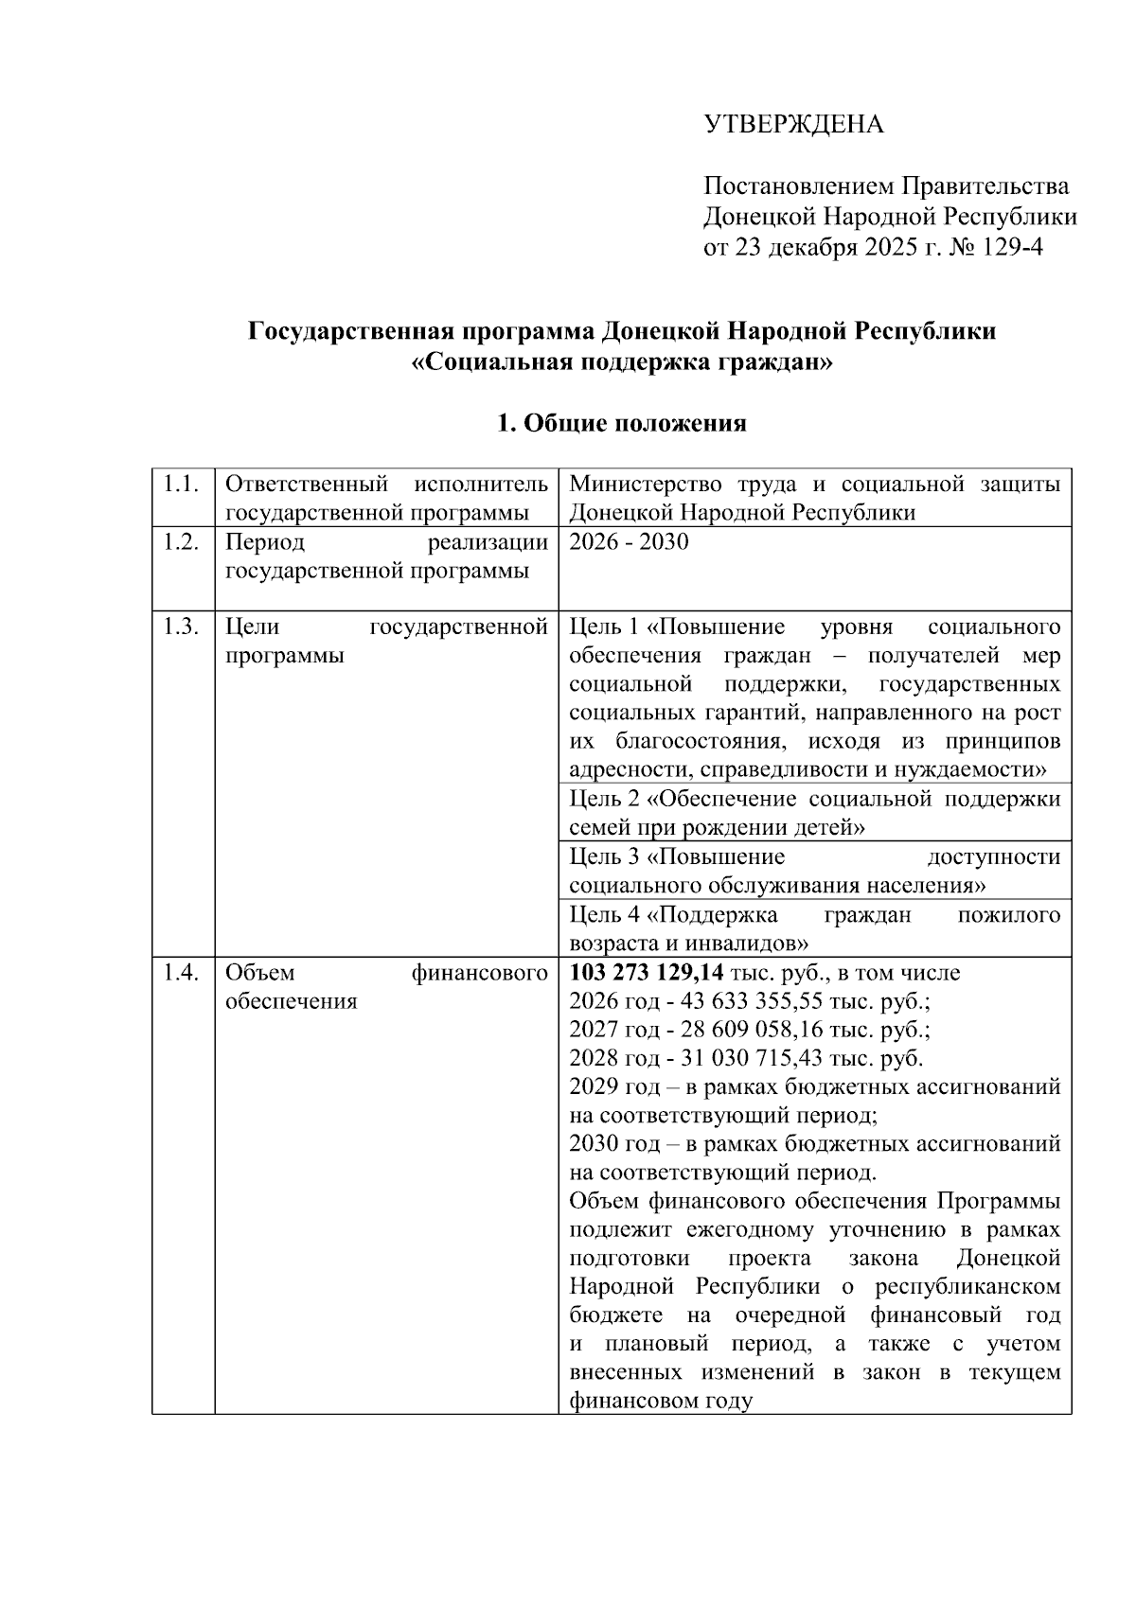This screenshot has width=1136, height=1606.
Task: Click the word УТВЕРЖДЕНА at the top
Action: click(792, 124)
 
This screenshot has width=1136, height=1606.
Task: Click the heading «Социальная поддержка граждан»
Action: click(623, 362)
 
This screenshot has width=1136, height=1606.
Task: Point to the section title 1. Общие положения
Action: click(622, 423)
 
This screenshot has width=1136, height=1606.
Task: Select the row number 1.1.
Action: click(181, 485)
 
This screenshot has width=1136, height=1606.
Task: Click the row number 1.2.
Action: click(181, 542)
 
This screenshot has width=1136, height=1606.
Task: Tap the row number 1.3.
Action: click(181, 627)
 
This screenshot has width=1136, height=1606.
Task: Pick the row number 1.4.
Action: click(181, 973)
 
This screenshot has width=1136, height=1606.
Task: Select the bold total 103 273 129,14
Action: click(647, 973)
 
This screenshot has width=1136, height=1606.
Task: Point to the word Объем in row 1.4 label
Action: click(259, 973)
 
